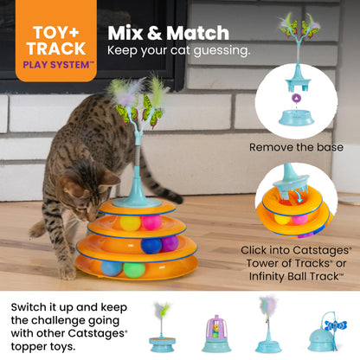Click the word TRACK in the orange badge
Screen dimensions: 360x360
click(56, 48)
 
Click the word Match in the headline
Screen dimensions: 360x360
click(197, 33)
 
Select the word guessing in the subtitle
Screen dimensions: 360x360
click(222, 51)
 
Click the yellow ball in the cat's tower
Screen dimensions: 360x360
click(130, 223)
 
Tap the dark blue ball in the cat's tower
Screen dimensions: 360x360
click(151, 246)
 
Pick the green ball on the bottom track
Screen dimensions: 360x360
click(134, 270)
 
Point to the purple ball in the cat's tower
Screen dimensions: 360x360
click(170, 243)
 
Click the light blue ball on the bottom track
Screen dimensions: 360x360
click(112, 268)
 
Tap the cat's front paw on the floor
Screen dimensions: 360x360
click(67, 272)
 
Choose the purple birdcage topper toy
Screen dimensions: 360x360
click(216, 334)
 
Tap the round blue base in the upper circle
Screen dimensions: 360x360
click(296, 118)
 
